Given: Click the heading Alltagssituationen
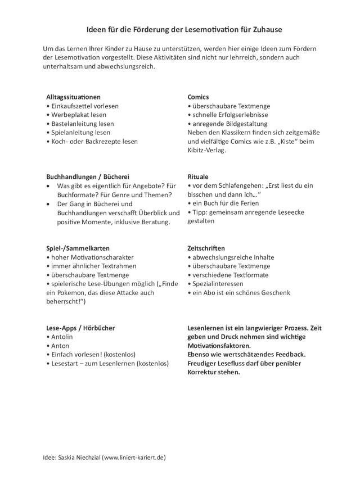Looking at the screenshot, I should (73, 97).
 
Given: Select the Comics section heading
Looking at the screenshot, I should (198, 97).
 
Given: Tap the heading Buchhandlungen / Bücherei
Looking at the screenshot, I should (87, 176).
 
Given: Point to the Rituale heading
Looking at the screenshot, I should (198, 176).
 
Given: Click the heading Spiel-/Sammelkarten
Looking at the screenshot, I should (78, 248).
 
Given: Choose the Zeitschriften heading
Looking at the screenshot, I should (206, 248).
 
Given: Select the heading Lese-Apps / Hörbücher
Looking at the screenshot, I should (82, 328).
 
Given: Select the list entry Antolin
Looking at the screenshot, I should (61, 337).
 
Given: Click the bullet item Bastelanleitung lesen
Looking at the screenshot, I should (82, 124).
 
